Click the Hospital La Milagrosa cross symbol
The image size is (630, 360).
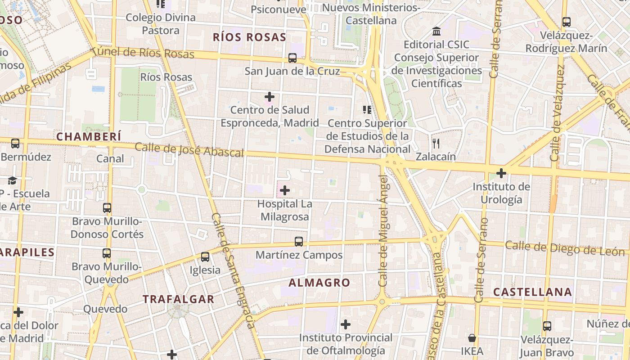coord(284,190)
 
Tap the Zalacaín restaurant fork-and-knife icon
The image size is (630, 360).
coord(436,144)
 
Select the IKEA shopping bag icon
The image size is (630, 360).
coord(472,338)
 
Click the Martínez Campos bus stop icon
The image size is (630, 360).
coord(298,242)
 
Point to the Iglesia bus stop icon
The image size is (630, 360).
coord(205,257)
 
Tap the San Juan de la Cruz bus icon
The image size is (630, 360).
coord(292,58)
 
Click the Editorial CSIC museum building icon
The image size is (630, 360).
coord(436,31)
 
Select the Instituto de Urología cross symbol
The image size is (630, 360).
coord(501,173)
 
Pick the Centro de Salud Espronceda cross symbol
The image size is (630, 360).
coord(270,97)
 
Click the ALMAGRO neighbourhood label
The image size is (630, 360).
coord(319,283)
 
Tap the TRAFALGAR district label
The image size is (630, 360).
coord(178,299)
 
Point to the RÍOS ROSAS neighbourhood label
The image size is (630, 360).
coord(249,37)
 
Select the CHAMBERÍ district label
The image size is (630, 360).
coord(89,136)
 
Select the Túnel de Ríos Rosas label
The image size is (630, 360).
coord(142,52)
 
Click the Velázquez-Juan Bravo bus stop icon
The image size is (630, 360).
coord(547,326)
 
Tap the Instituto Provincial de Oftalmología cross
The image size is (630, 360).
coord(346,324)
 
